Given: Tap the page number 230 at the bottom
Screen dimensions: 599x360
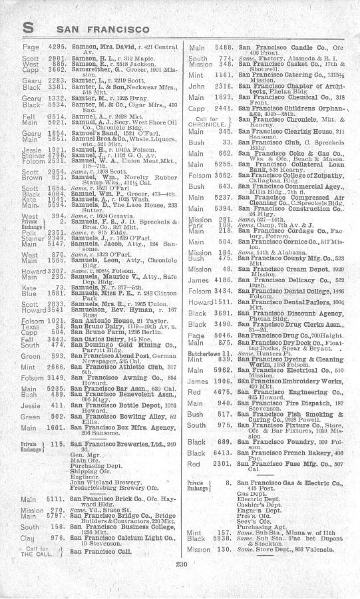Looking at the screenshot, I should [180, 583].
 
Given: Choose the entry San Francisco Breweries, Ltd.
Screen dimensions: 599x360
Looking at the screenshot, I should [119, 443].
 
